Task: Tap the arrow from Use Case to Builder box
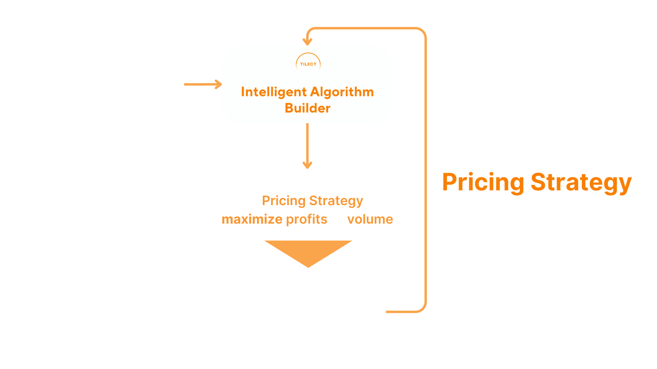203,84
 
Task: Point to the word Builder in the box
308,109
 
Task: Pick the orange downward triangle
308,252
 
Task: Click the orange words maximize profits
274,219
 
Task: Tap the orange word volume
370,219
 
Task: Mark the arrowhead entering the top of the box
308,42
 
